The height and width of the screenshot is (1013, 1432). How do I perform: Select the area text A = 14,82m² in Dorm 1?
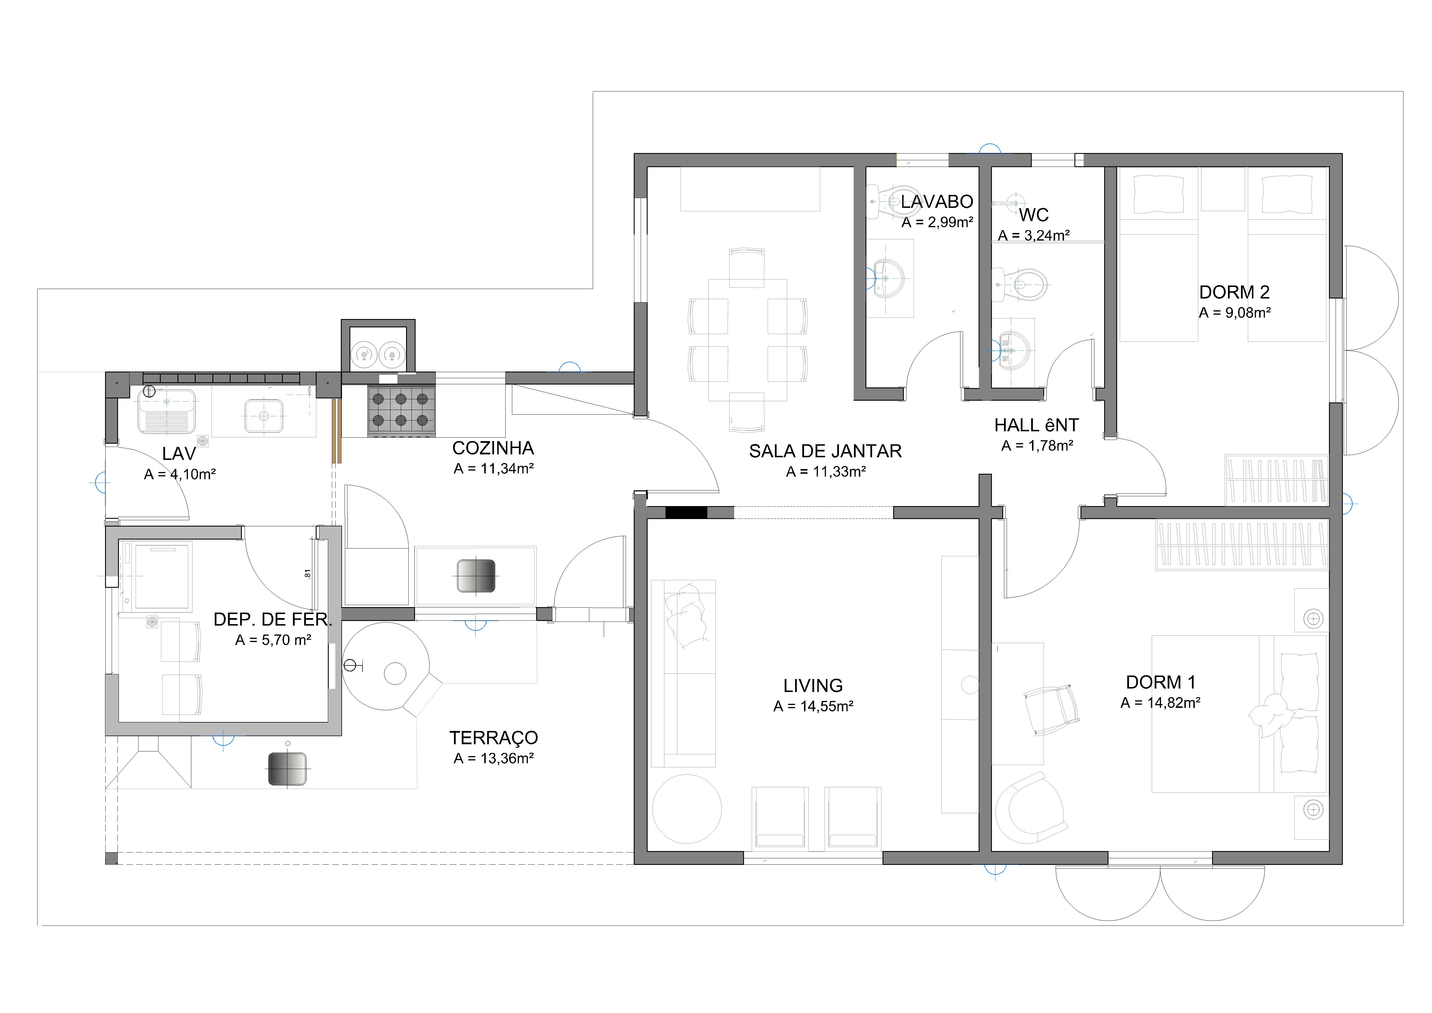[1161, 703]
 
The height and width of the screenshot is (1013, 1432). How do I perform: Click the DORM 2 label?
[1234, 292]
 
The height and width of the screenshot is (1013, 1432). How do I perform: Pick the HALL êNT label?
[1037, 426]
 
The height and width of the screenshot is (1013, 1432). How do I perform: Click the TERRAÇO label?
[493, 738]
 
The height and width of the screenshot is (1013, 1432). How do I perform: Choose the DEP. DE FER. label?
[272, 620]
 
